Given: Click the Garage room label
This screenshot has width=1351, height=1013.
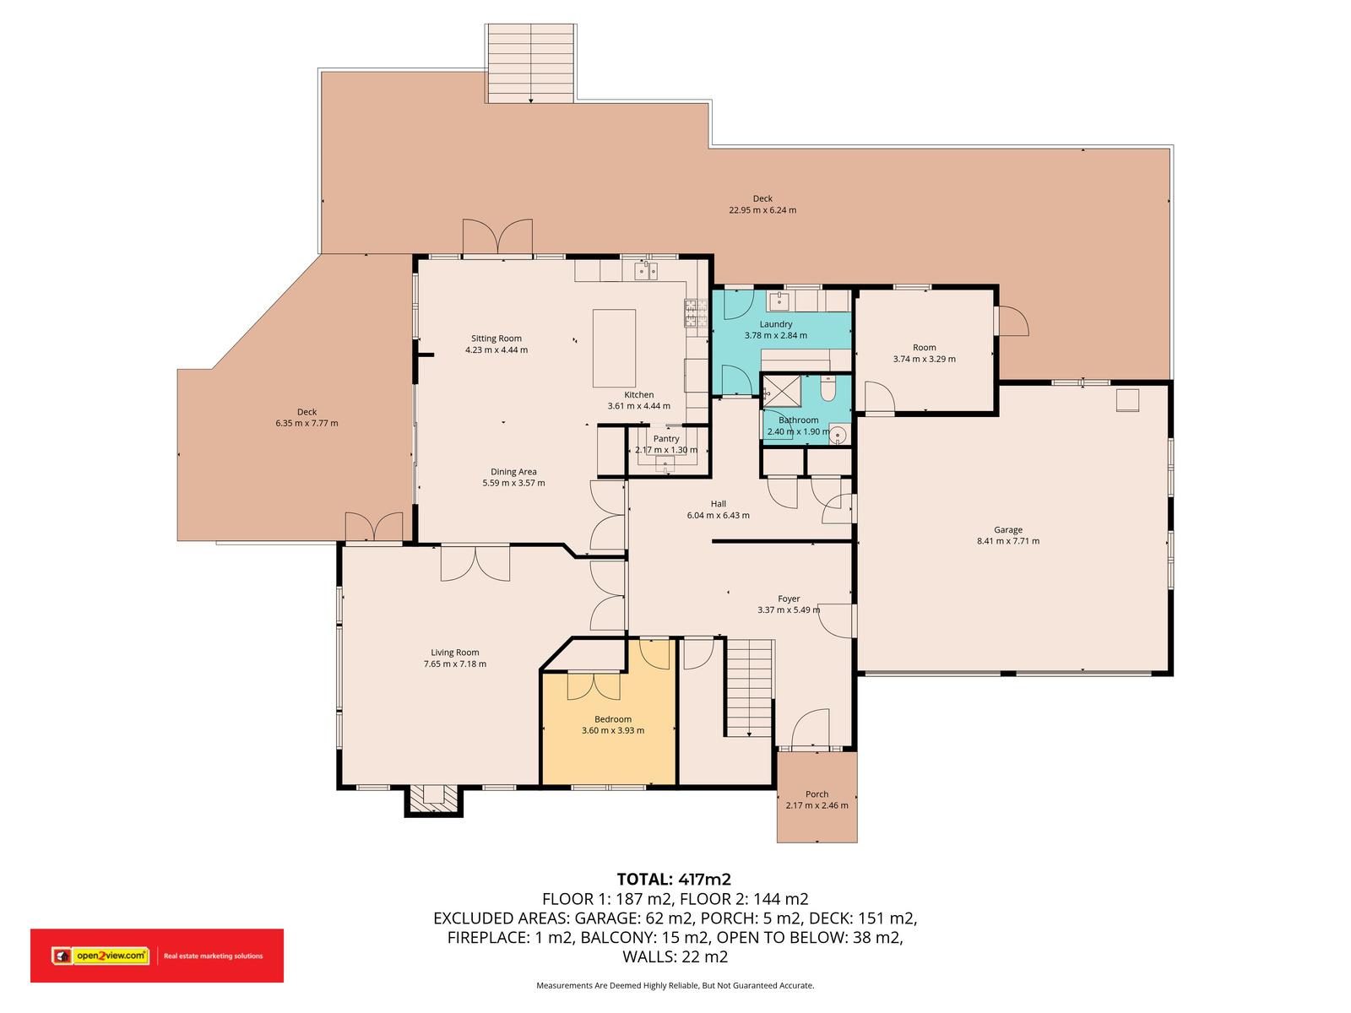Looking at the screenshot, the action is click(x=1007, y=529).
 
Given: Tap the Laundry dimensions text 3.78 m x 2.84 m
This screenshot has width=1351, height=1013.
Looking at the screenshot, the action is click(x=775, y=335).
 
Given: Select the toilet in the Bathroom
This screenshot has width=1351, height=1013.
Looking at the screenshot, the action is click(x=827, y=388).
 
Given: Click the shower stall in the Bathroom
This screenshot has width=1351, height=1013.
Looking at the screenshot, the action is click(x=782, y=392).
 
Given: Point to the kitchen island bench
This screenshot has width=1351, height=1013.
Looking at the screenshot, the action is click(x=614, y=348).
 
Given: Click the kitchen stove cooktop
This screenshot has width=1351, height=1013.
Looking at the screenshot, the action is click(x=696, y=313).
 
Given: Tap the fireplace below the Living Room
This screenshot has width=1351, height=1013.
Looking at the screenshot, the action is click(x=433, y=800).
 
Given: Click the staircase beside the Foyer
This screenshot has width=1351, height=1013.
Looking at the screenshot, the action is click(x=749, y=688).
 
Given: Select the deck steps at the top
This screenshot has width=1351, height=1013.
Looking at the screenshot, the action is click(x=530, y=63).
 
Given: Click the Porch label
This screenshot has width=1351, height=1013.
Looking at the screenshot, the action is click(x=817, y=794).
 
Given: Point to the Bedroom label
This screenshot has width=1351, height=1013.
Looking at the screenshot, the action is click(x=613, y=719).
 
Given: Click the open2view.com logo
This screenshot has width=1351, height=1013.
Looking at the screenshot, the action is click(x=101, y=956).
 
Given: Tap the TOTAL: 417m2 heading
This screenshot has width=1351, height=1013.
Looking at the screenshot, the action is click(x=674, y=880).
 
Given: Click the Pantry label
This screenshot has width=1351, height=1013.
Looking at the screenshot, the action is click(x=666, y=438).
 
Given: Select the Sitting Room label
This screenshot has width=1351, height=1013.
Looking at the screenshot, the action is click(x=496, y=339).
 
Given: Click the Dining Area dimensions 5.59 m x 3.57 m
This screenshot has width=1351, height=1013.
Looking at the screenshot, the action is click(x=513, y=483).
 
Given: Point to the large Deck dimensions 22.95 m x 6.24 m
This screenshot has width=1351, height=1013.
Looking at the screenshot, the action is click(x=762, y=209).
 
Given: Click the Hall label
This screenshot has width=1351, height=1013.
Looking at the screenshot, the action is click(x=719, y=504).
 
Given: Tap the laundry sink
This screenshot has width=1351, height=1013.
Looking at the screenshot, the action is click(x=780, y=301).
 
